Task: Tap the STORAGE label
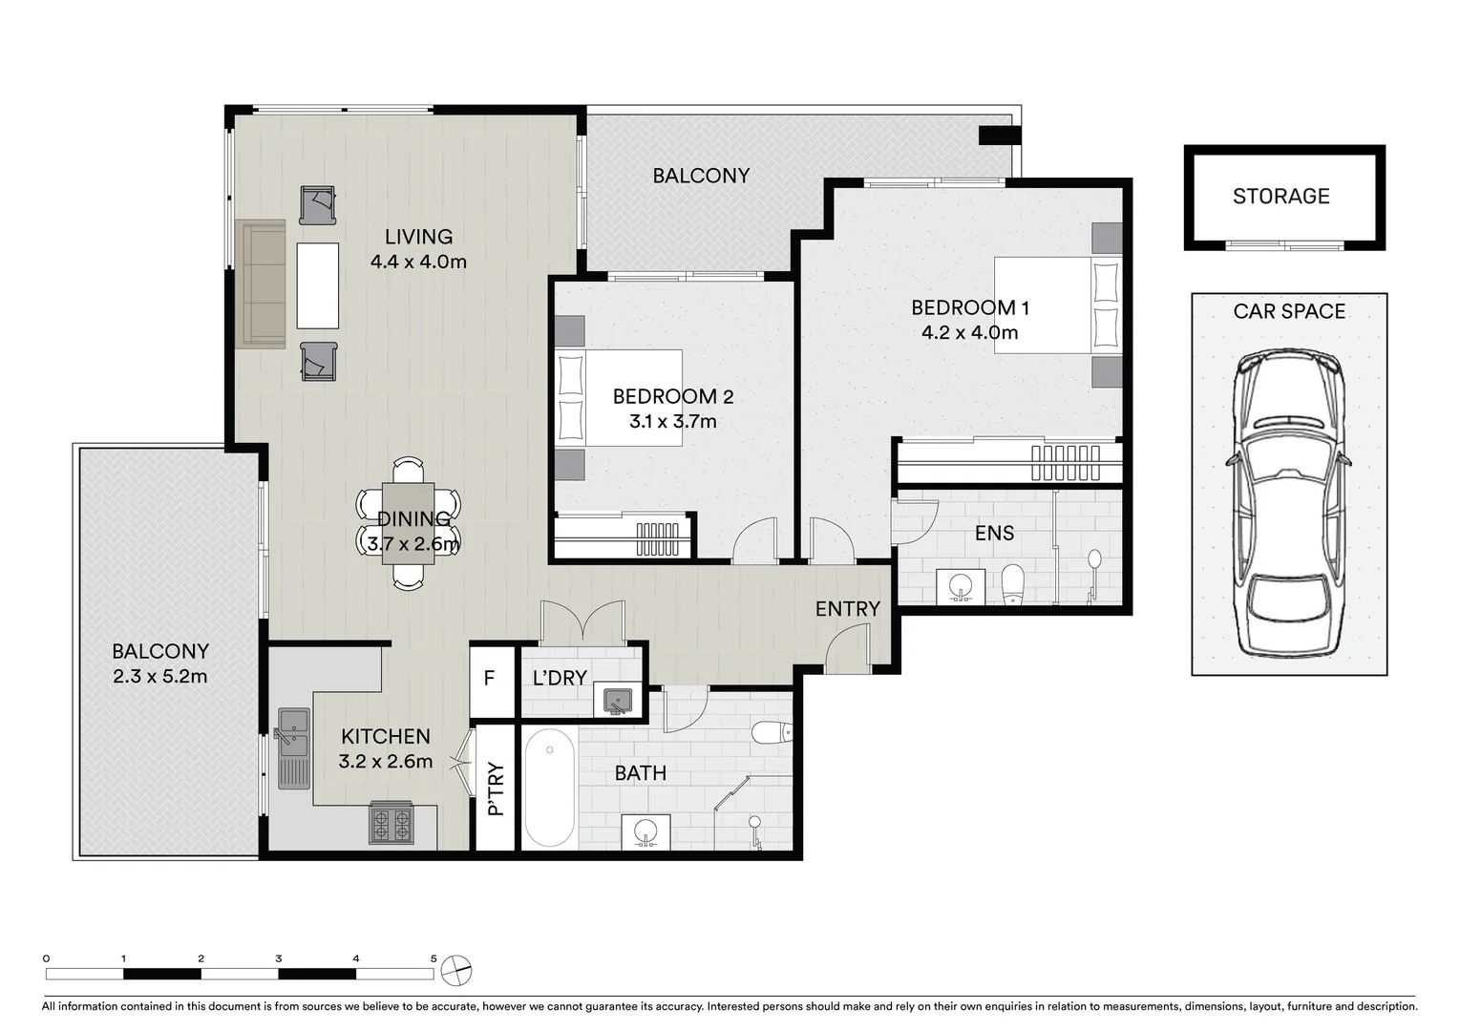click(x=1280, y=197)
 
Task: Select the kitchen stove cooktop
click(x=391, y=826)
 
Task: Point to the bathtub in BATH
click(x=549, y=788)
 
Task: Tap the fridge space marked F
click(x=490, y=679)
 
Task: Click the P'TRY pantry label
click(x=495, y=789)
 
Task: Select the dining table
click(x=408, y=523)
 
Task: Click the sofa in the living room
click(x=261, y=284)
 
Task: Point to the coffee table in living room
click(x=317, y=285)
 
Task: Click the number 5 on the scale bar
click(x=434, y=958)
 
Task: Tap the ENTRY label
click(x=847, y=609)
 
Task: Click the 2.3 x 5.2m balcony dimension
click(x=160, y=677)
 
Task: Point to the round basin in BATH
click(x=645, y=831)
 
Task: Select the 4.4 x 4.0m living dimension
click(x=418, y=262)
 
